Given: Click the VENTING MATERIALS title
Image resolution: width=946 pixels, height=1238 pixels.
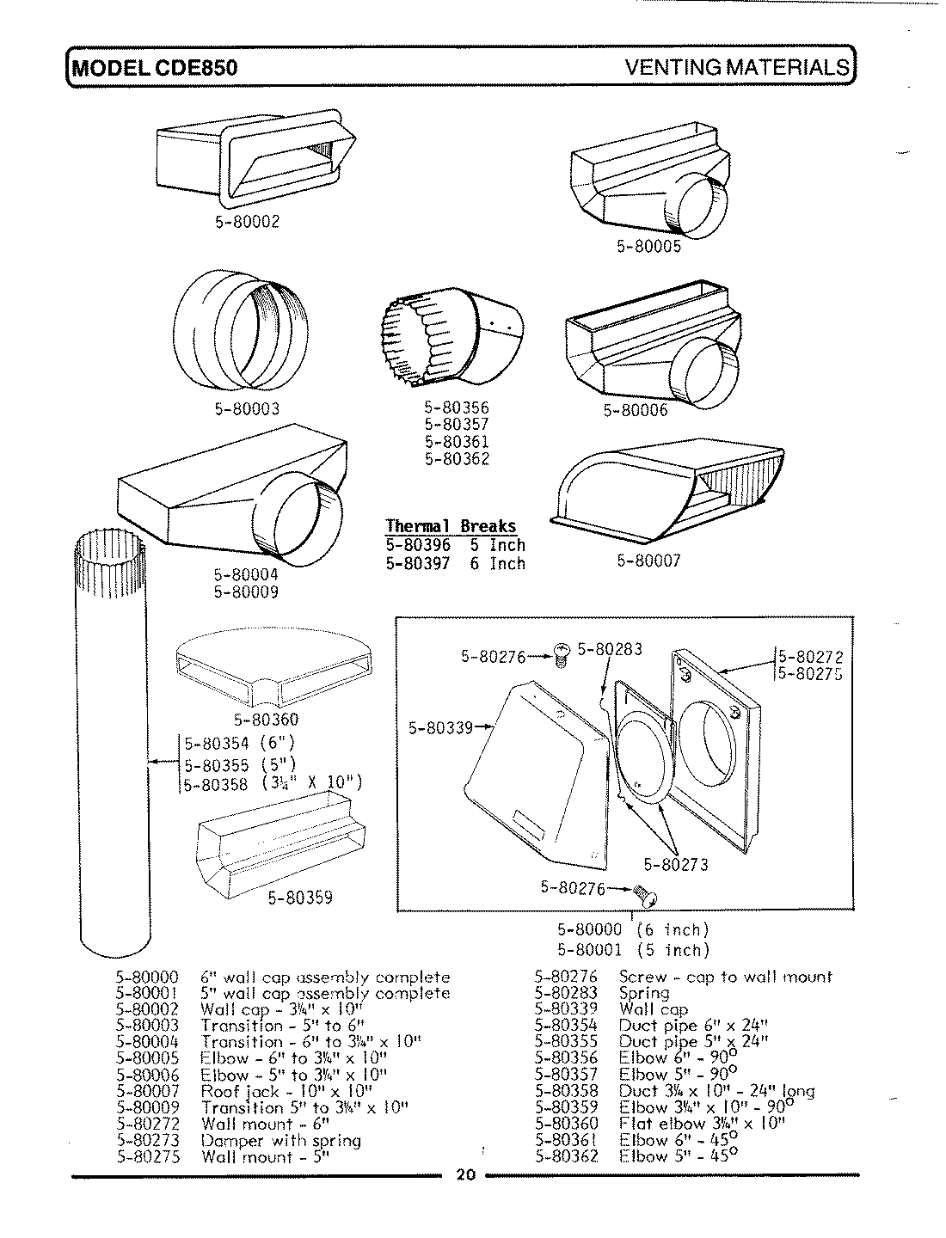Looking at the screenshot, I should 737,68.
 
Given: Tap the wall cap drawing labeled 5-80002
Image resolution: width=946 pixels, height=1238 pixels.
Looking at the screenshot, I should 255,160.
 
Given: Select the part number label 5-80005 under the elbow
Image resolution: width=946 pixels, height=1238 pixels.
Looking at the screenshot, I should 648,247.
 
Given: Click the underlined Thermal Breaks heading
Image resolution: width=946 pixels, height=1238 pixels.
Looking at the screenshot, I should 451,526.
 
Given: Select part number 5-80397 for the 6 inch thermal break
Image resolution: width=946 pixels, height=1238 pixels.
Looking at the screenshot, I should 419,564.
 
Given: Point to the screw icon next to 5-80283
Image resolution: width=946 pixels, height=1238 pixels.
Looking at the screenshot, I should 563,653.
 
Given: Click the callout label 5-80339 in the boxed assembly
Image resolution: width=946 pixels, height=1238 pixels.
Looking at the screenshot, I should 440,728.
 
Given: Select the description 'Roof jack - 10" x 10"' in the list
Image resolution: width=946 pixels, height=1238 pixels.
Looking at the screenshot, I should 286,1091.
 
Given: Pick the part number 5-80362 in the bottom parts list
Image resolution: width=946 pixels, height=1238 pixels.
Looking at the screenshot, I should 566,1156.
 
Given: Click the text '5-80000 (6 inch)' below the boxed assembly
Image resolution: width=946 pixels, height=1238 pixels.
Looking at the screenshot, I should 633,930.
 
